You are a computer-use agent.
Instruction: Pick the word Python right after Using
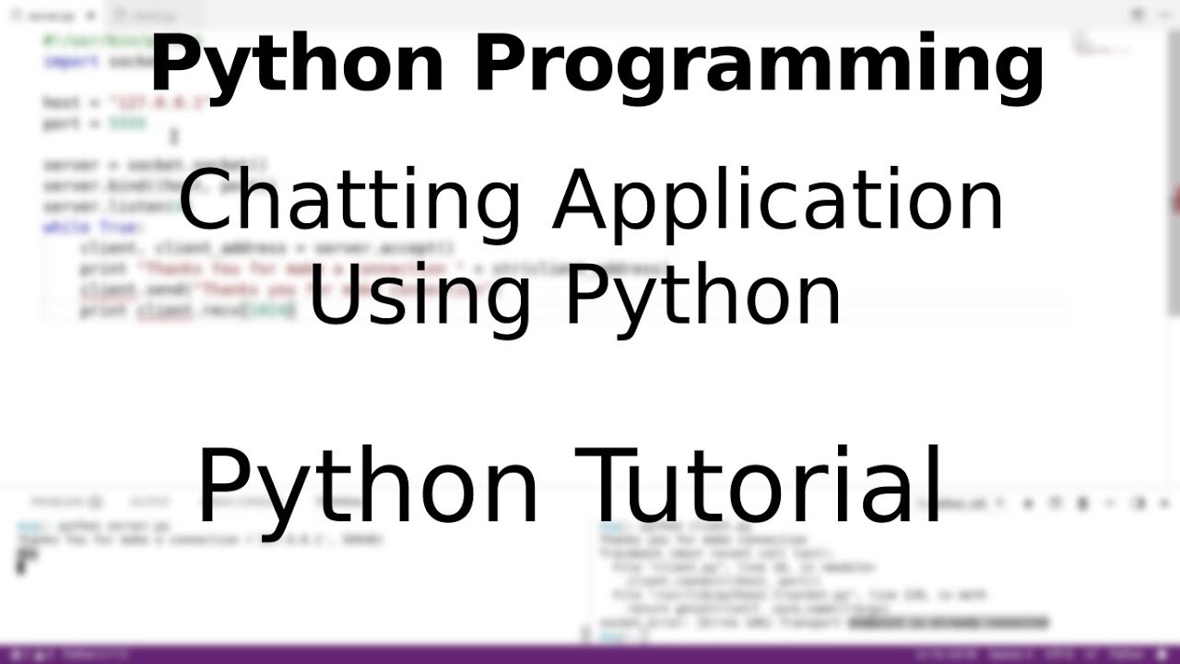[702, 295]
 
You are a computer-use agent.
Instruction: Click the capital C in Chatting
[206, 202]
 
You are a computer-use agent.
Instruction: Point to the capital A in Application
[582, 202]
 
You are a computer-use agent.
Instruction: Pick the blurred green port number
[127, 123]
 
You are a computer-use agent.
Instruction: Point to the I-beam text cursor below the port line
[173, 136]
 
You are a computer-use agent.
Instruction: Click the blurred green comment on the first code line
[101, 41]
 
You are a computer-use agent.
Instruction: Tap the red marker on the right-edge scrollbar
[1175, 201]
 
